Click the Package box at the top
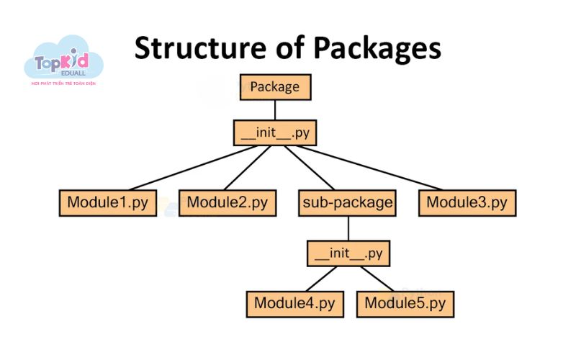(274, 87)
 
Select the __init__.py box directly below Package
(275, 133)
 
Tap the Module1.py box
(107, 202)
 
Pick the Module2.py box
(227, 202)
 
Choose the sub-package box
(347, 202)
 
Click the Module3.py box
(467, 202)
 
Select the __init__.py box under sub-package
(348, 253)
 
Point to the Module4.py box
(294, 303)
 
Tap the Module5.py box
(405, 303)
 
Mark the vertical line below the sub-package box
(348, 228)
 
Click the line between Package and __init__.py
(274, 109)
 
